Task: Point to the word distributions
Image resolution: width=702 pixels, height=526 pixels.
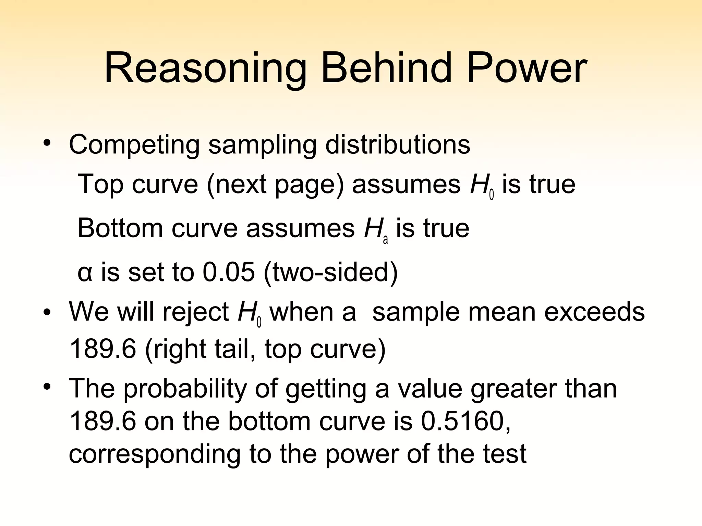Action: coord(398,144)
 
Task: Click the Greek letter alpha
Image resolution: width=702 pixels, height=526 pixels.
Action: coord(85,273)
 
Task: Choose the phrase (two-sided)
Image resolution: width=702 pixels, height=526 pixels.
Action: coord(331,273)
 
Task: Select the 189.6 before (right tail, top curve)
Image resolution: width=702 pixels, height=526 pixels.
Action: coord(102,349)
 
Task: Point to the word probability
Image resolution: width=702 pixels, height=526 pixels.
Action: coord(185,389)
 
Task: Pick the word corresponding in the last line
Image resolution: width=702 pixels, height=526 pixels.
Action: coord(155,454)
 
